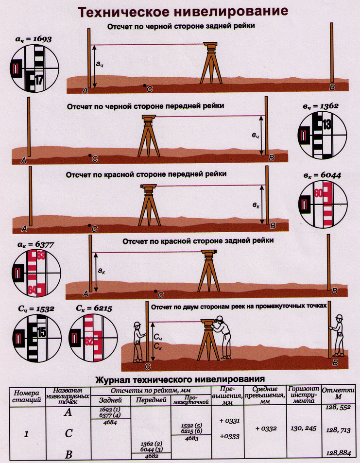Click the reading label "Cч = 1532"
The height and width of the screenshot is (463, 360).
click(34, 309)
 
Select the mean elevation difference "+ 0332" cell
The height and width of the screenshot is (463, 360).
click(265, 428)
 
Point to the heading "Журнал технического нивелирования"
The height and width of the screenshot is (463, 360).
click(181, 378)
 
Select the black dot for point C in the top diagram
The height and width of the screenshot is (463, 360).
click(144, 86)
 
